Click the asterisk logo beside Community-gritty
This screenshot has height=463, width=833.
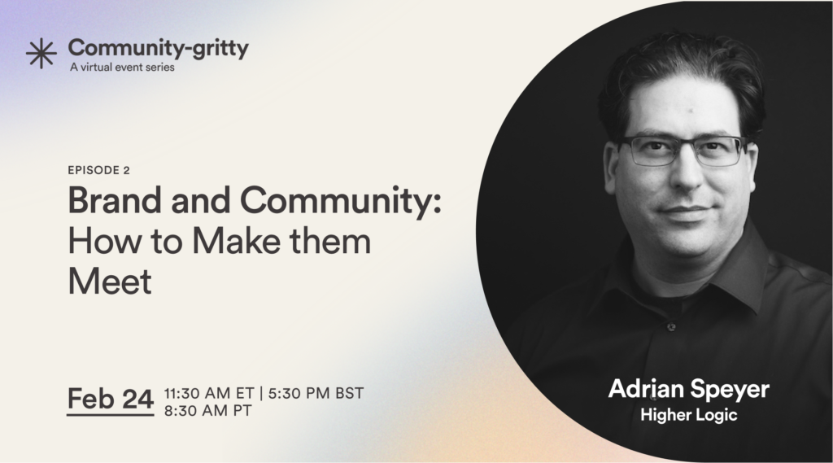[x=41, y=53]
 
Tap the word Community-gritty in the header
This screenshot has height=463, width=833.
[x=159, y=48]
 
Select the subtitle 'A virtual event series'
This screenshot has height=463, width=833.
[x=122, y=68]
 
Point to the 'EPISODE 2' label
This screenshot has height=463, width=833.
[x=98, y=170]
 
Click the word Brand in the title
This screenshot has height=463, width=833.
[x=115, y=200]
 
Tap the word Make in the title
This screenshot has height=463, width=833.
[x=237, y=241]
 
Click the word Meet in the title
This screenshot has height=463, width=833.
[x=110, y=281]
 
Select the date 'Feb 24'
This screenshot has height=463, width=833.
[x=111, y=398]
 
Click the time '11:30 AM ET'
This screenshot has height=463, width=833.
[x=209, y=393]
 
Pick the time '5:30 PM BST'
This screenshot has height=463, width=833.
[x=316, y=393]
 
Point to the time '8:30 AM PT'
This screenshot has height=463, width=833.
[x=207, y=411]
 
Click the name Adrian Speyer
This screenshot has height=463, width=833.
[x=689, y=390]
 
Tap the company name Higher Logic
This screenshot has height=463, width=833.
[x=689, y=415]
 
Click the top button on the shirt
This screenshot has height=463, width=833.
[x=671, y=327]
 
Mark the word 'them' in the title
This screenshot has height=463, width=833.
[x=330, y=241]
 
